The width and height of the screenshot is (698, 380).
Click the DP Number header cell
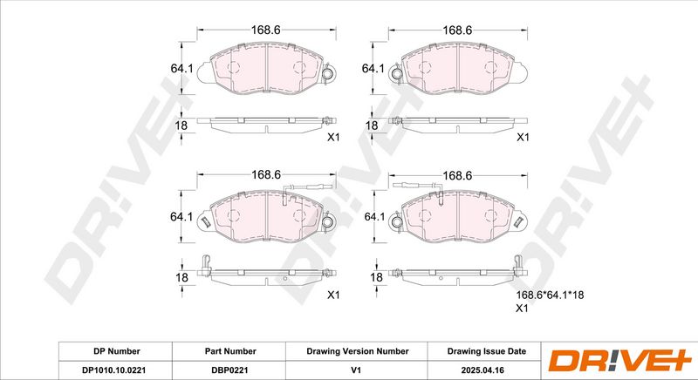117,351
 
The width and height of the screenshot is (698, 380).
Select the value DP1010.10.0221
114,370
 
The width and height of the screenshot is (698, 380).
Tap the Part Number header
230,351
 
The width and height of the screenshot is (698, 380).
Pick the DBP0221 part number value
229,370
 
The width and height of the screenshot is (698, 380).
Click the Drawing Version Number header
358,351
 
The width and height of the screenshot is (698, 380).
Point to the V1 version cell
356,370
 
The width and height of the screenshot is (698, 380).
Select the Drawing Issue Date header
487,351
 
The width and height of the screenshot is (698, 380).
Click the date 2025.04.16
482,370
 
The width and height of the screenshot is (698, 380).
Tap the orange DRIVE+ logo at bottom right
619,361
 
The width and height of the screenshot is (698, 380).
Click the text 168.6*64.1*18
550,295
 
